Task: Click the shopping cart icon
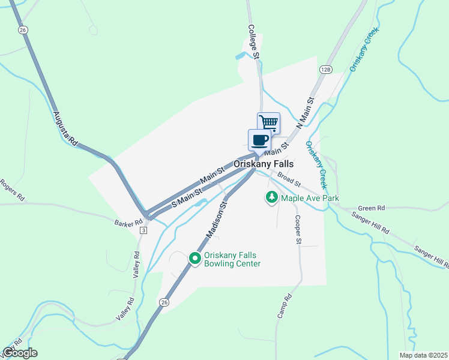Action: click(x=269, y=123)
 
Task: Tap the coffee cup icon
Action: click(x=259, y=140)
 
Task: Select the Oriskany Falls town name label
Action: click(x=264, y=163)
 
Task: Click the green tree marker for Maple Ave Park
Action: click(x=272, y=197)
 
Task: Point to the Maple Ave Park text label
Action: click(x=310, y=198)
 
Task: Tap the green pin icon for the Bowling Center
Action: click(x=194, y=259)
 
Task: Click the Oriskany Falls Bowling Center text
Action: click(x=232, y=259)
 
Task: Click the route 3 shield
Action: click(x=143, y=230)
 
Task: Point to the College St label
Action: click(x=255, y=41)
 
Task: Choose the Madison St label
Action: click(x=218, y=220)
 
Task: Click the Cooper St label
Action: click(x=297, y=230)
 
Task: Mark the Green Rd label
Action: click(x=372, y=208)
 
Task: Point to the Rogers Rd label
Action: click(x=12, y=190)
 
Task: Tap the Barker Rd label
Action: click(x=127, y=223)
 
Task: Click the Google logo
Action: click(x=20, y=352)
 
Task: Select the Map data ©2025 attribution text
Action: click(x=423, y=355)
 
